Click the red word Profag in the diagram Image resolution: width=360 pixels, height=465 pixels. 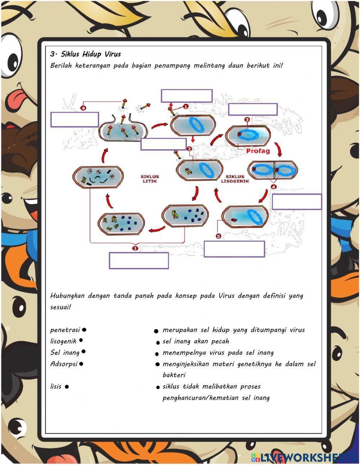point(258,151)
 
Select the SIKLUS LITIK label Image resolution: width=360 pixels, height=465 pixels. point(149,179)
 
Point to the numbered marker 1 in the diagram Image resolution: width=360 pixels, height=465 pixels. point(186,106)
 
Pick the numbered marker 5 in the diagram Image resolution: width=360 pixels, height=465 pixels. point(219,236)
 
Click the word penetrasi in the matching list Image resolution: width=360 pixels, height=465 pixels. point(65,330)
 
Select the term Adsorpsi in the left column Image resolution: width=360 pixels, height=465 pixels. point(64,364)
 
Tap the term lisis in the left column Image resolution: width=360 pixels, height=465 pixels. point(56,386)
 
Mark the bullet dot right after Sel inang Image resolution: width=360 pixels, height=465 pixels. point(84,352)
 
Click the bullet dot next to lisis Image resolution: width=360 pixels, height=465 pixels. point(67,387)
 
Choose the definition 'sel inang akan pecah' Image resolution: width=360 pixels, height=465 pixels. point(196,341)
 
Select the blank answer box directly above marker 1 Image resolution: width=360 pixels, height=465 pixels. point(186,96)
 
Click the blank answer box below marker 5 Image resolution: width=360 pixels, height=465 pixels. point(234,249)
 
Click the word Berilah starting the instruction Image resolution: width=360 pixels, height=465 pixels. point(61,66)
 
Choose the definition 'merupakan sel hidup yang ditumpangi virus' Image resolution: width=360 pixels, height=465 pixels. point(234,330)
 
